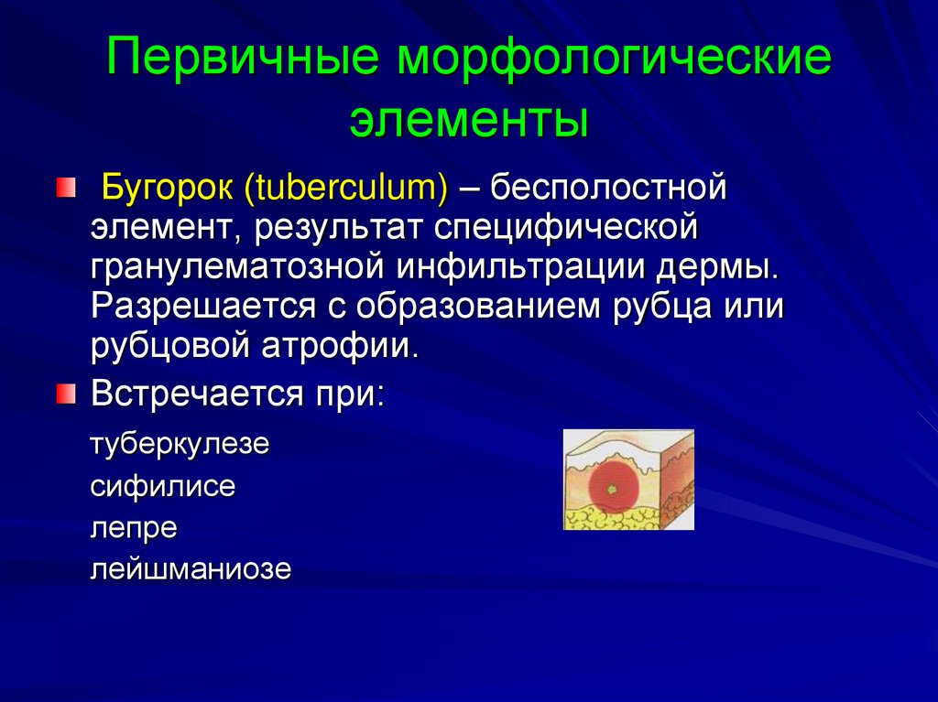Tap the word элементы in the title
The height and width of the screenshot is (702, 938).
coord(469,120)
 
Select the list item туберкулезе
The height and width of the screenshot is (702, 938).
coord(180,446)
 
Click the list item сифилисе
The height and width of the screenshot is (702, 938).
coord(163,486)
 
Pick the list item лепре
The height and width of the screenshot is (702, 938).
coord(133,528)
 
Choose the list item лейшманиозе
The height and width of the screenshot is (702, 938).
coord(191,569)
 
